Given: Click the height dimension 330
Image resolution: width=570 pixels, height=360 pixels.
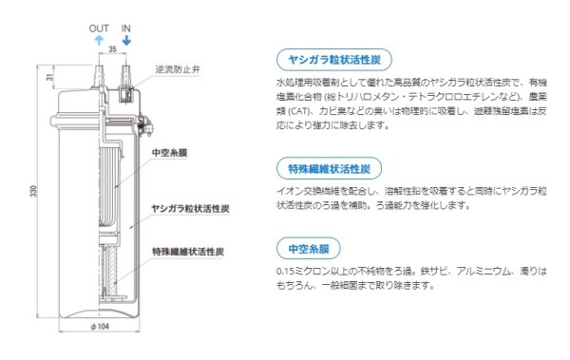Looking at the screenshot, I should [35, 194].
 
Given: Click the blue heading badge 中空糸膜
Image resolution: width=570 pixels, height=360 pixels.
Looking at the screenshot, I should [308, 248].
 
